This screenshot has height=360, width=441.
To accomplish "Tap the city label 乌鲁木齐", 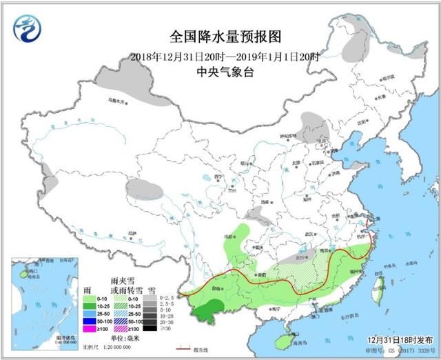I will point(119,101).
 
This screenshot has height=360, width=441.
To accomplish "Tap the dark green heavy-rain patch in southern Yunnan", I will point(209,311).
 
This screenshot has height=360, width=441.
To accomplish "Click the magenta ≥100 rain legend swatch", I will point(89,327).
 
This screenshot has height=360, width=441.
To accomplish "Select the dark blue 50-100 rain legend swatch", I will point(89,319).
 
